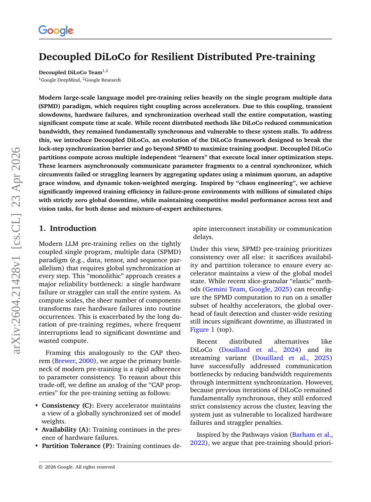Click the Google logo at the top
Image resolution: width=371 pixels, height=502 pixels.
click(x=55, y=31)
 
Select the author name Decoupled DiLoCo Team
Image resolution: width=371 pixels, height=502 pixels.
click(x=70, y=72)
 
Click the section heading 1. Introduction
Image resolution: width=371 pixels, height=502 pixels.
click(x=68, y=228)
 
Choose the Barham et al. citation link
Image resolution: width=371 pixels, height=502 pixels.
click(x=312, y=435)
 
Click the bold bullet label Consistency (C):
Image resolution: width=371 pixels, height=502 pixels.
click(x=68, y=406)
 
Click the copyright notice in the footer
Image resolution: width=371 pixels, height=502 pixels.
click(x=77, y=467)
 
